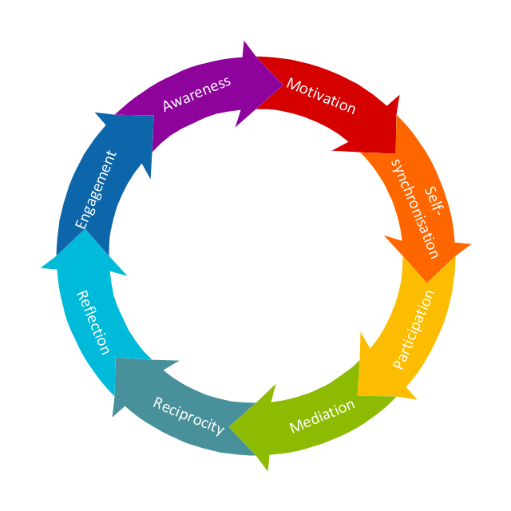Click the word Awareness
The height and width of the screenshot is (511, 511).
pos(196,93)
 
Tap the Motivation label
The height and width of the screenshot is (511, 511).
pos(321,96)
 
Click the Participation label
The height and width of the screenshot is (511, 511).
pos(414,329)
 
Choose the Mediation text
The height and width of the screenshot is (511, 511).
pos(322,415)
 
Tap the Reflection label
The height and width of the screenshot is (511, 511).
pos(92,322)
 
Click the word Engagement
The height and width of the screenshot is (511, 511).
pos(95,190)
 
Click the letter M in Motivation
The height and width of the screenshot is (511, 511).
pos(293,85)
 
